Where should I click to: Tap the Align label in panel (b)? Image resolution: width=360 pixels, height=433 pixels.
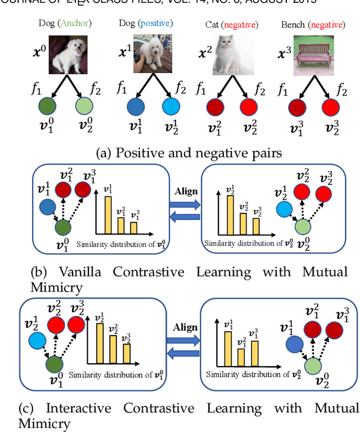tap(186, 191)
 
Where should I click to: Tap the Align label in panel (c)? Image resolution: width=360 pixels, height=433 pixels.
tap(186, 327)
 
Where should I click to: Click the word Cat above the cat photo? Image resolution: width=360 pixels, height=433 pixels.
tap(213, 24)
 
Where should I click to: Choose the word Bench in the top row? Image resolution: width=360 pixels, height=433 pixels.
tap(294, 24)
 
